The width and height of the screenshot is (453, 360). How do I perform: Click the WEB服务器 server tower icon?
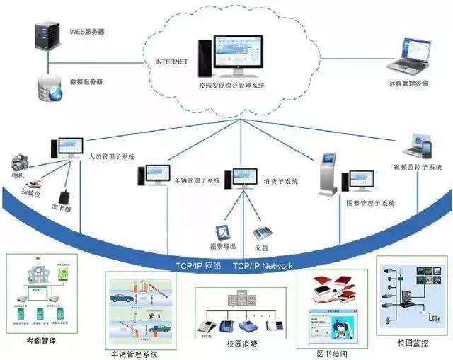tap(45, 36)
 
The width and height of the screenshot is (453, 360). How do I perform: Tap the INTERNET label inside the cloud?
tap(172, 62)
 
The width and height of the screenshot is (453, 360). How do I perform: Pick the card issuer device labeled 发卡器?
tap(66, 194)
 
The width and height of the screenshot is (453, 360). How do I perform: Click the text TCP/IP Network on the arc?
tap(263, 266)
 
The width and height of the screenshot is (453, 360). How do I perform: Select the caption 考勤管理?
tap(36, 341)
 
